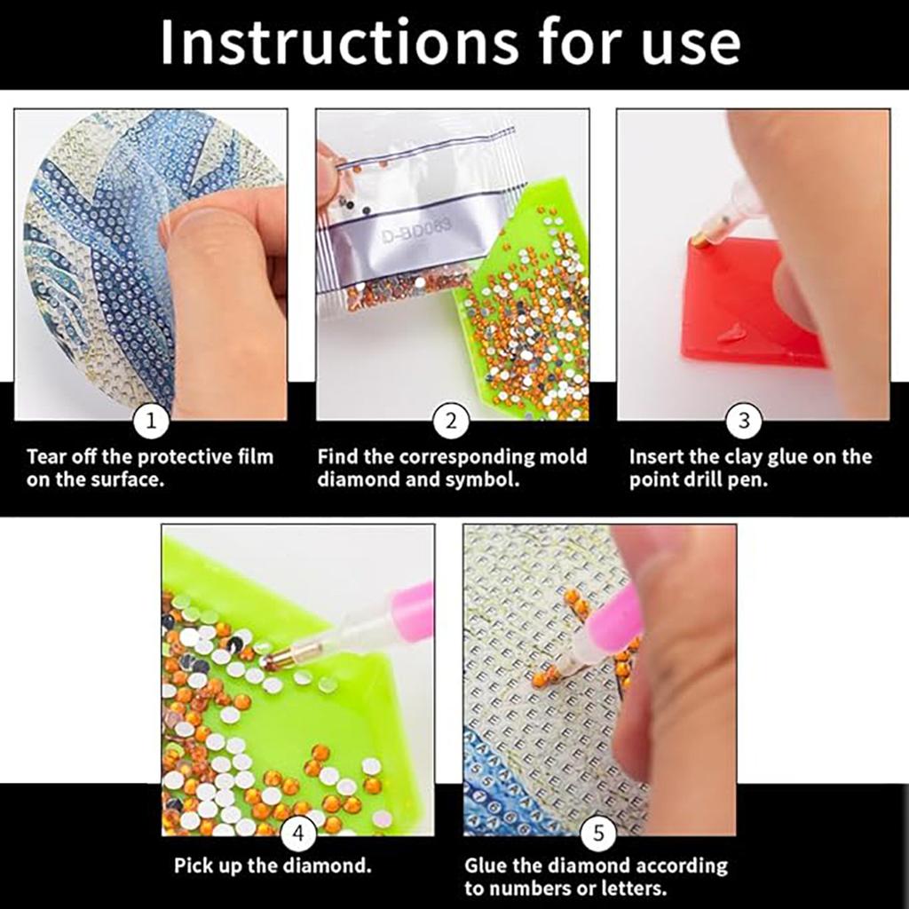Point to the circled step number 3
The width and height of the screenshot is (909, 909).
coord(744,423)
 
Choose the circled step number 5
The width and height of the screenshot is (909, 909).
coord(598,834)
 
